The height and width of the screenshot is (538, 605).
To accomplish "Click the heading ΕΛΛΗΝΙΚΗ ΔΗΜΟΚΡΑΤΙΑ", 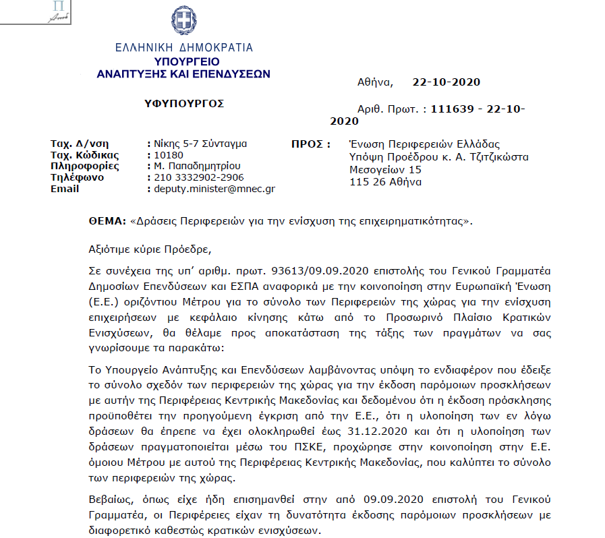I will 183,48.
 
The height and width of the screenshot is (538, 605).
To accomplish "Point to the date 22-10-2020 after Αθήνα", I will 446,82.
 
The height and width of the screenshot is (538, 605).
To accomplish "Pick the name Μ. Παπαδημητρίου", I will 197,166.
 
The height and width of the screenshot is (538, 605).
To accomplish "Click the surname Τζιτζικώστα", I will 496,157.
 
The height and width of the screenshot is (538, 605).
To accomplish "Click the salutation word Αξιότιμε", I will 111,249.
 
